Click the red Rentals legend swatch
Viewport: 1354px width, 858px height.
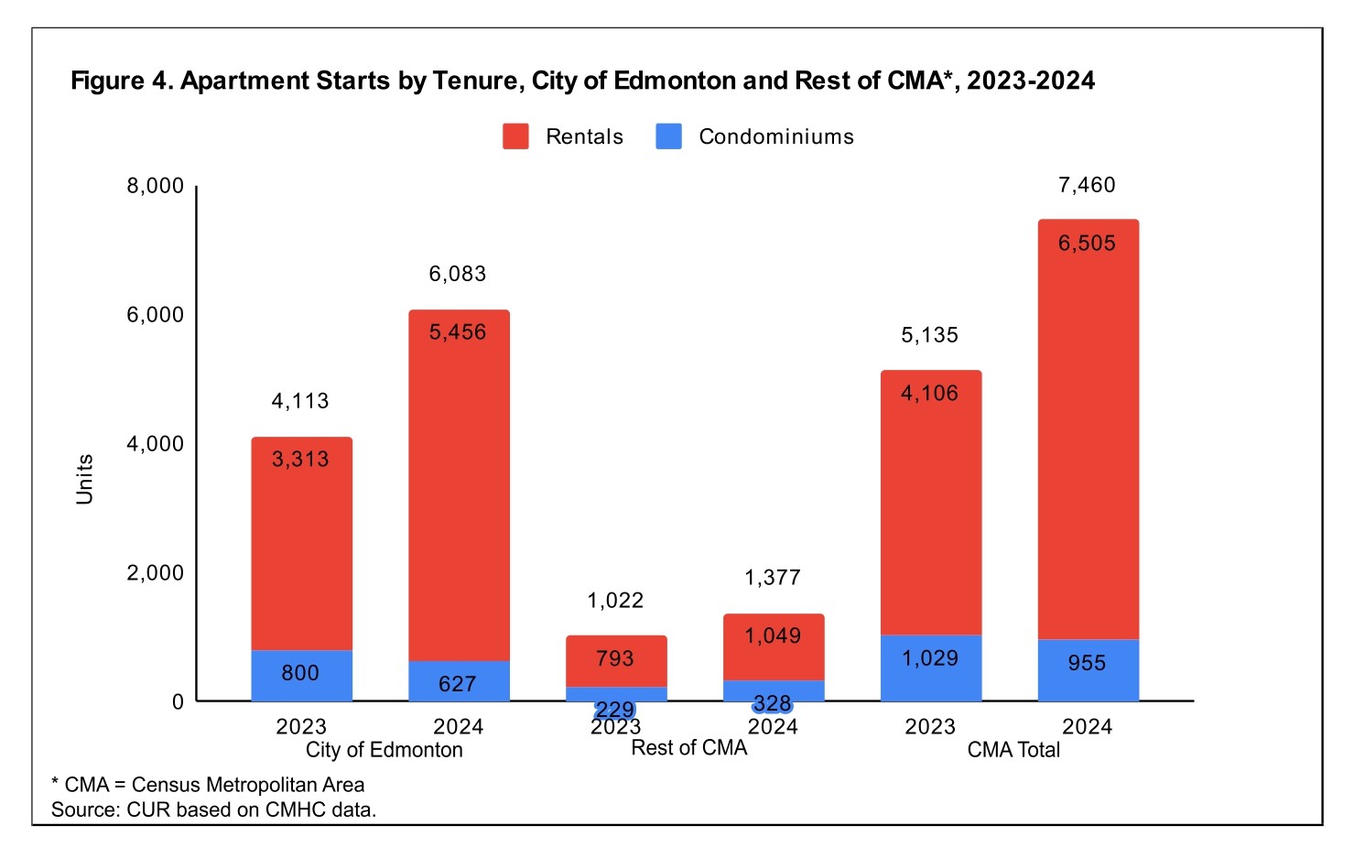click(515, 136)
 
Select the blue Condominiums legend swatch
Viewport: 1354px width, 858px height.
click(669, 136)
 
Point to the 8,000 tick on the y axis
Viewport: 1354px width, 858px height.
click(155, 186)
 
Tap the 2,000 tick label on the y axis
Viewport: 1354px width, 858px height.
click(155, 573)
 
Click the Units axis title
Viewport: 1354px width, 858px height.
click(84, 479)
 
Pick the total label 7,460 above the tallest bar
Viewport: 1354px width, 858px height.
click(1087, 185)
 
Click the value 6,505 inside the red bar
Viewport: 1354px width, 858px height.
click(1087, 244)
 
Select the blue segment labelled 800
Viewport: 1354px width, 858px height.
click(301, 675)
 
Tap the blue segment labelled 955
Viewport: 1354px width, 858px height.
click(1088, 669)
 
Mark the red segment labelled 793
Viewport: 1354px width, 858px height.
click(615, 659)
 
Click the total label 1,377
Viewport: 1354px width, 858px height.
click(773, 578)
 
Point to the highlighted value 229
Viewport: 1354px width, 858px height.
click(615, 710)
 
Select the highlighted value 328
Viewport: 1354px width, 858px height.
click(773, 703)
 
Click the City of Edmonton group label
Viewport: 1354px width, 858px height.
click(384, 750)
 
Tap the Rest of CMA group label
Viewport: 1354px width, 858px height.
click(689, 748)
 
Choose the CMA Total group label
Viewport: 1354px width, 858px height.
click(1013, 750)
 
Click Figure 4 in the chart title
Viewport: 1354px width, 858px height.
click(122, 81)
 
